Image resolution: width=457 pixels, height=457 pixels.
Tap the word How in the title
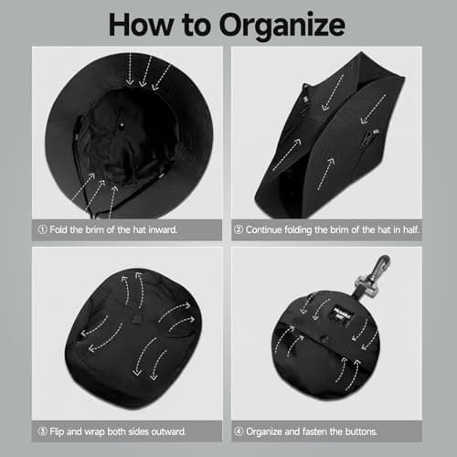[x=141, y=25]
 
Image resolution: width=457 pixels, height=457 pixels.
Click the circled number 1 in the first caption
[x=42, y=229]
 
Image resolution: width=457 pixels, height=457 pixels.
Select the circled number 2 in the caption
[x=239, y=229]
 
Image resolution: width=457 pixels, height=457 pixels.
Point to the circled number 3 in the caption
[x=42, y=431]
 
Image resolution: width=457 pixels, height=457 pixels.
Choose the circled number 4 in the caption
[x=239, y=431]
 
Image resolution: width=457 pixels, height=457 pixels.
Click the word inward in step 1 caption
[x=163, y=229]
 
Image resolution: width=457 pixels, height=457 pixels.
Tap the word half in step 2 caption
[x=411, y=229]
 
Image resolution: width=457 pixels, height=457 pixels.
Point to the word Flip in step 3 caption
[x=57, y=431]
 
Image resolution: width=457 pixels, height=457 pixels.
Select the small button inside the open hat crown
[x=122, y=124]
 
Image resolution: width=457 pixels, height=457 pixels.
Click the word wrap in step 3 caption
[x=95, y=432]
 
